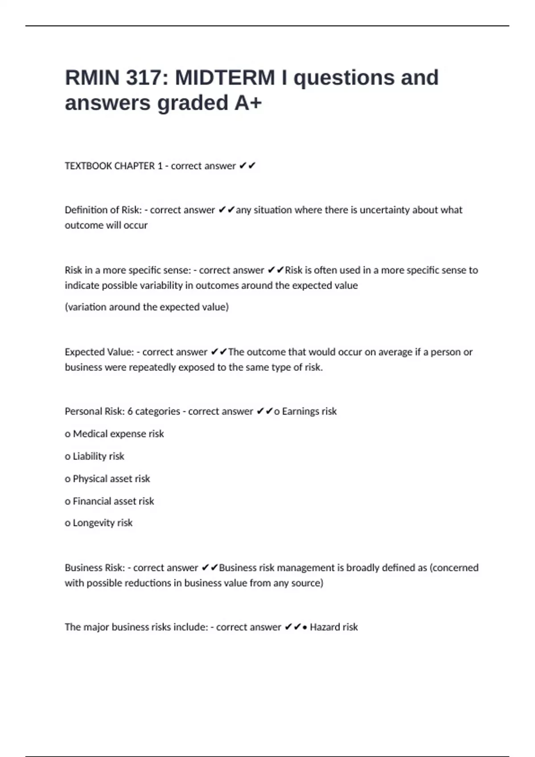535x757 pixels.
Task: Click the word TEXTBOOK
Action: point(87,166)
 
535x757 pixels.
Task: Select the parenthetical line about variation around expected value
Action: point(147,307)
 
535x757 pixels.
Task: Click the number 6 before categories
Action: point(130,411)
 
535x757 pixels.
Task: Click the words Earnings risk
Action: point(309,411)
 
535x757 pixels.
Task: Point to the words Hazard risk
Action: point(333,627)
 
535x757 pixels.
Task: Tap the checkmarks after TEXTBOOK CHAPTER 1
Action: point(247,166)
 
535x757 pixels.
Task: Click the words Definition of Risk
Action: point(103,210)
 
